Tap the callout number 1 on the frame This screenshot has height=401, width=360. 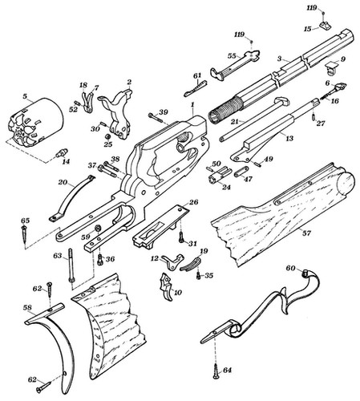(192, 106)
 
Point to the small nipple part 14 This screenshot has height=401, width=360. (59, 154)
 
